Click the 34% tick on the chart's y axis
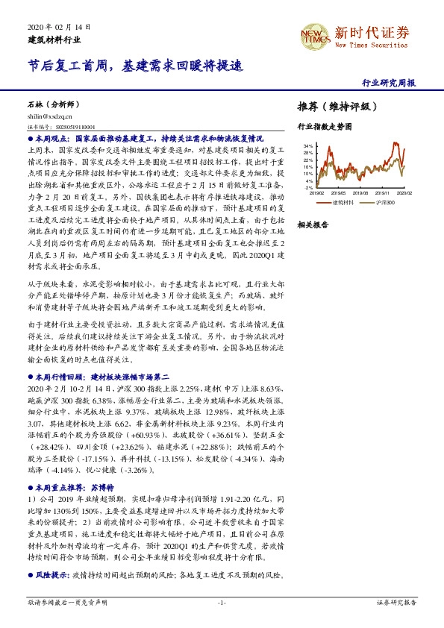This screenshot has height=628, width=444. (308, 145)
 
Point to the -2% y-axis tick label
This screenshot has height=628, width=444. (309, 187)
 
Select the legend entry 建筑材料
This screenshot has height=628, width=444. (343, 202)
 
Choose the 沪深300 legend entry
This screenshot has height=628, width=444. (385, 202)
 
